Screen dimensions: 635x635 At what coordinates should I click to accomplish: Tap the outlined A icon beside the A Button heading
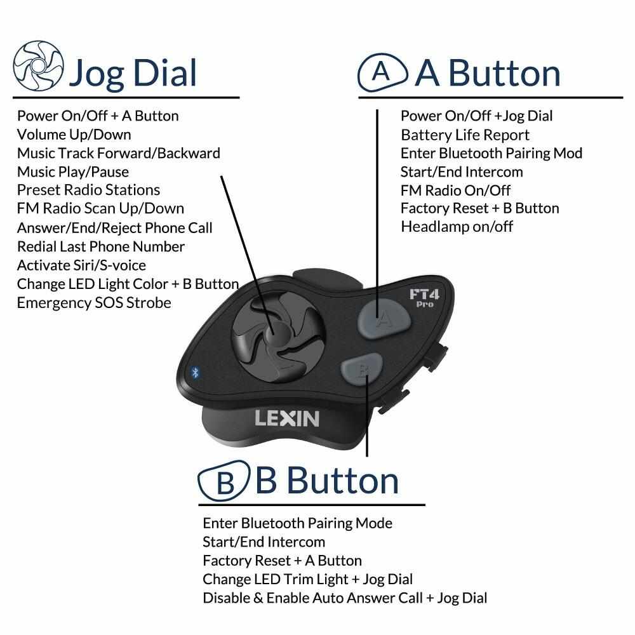(x=382, y=72)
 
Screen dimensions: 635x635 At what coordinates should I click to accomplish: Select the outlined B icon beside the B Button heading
(x=223, y=483)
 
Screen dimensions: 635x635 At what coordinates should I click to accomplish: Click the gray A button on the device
(x=380, y=315)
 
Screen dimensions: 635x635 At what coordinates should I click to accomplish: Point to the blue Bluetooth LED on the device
(x=195, y=373)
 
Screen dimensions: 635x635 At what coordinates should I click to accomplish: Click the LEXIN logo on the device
(x=286, y=418)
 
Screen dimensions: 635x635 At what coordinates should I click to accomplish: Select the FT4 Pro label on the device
(x=421, y=298)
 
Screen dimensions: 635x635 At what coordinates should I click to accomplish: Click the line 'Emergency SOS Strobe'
(x=94, y=303)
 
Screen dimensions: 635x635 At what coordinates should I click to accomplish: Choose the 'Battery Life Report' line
(x=465, y=135)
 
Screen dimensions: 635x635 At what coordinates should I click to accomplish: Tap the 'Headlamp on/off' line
(x=457, y=227)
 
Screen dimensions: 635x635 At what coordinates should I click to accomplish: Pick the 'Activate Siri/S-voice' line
(x=81, y=265)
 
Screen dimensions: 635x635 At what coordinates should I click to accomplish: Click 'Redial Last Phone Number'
(x=100, y=246)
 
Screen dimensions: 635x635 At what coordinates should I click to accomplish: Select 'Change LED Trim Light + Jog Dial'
(x=307, y=579)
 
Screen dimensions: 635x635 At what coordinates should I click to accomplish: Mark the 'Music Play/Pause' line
(x=72, y=171)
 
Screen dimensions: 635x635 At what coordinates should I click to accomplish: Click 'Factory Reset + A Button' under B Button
(x=282, y=561)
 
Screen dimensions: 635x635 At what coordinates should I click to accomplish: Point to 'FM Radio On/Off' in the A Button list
(x=455, y=190)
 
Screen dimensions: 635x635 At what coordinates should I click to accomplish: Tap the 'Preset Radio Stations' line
(x=88, y=190)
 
